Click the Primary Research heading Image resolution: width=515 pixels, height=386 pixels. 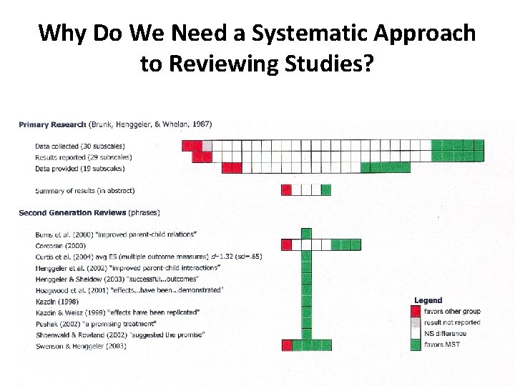point(53,124)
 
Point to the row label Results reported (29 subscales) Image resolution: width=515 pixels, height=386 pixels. point(83,157)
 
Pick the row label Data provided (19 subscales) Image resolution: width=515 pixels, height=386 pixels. point(79,169)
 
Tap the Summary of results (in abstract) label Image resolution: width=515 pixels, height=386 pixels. point(84,191)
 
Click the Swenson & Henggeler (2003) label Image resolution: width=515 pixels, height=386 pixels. point(81,346)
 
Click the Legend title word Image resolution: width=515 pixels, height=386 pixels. point(428,300)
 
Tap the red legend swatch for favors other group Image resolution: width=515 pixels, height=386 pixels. point(416,311)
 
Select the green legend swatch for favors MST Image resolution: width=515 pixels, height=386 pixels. point(416,345)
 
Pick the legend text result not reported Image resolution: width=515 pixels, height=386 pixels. point(452,322)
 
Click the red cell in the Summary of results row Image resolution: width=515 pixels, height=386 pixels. point(286,190)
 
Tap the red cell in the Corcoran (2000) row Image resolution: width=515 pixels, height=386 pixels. point(286,244)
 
